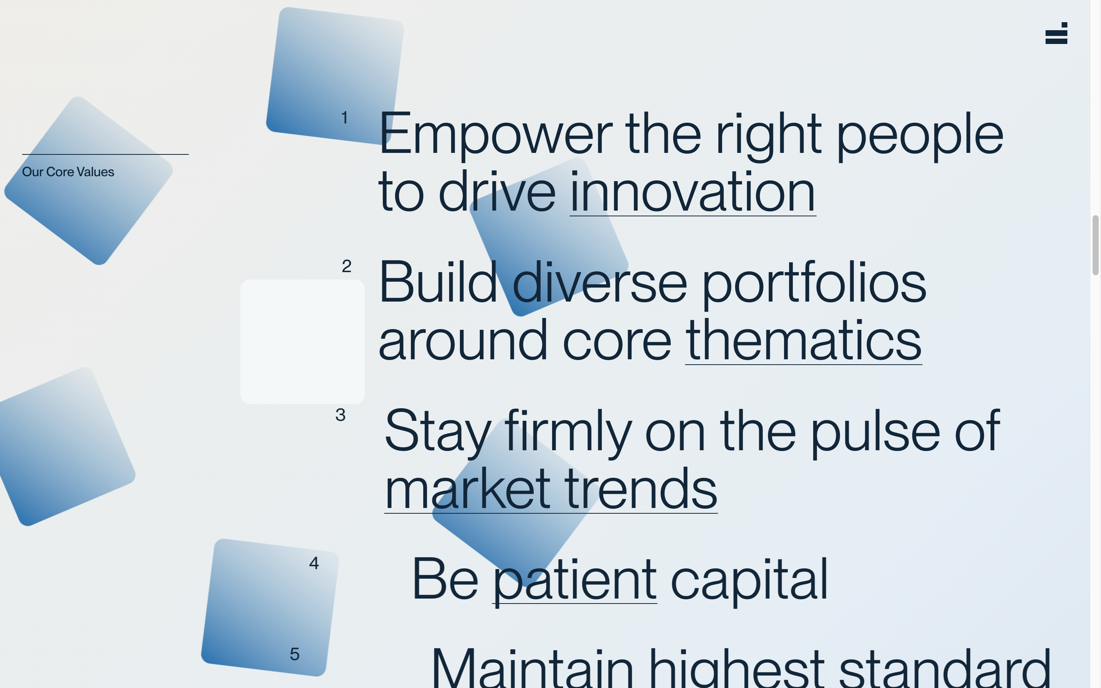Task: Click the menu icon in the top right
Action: [1056, 33]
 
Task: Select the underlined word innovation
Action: [692, 192]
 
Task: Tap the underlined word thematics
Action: [804, 340]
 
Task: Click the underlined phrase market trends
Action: [551, 489]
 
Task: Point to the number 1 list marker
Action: [345, 117]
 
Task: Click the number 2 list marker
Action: [347, 266]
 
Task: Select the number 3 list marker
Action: [340, 415]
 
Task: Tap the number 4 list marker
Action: [314, 563]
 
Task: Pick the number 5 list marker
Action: [295, 654]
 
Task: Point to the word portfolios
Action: [814, 283]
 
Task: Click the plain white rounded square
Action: [302, 342]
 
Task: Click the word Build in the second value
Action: [438, 282]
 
